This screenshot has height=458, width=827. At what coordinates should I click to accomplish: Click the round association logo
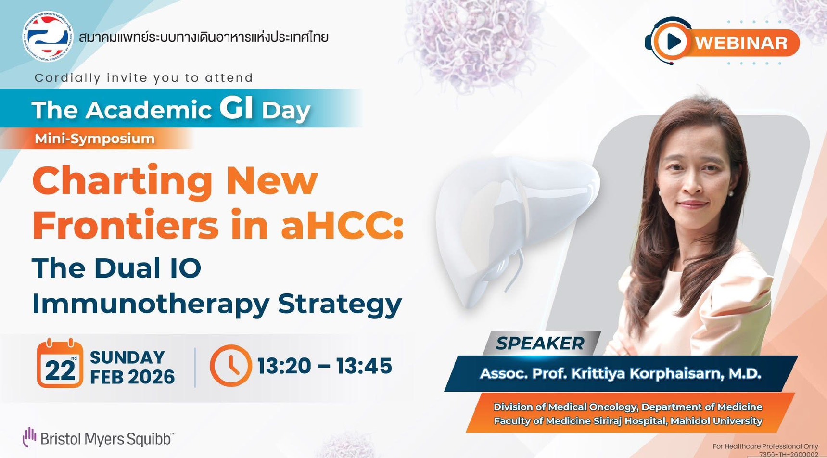pos(48,37)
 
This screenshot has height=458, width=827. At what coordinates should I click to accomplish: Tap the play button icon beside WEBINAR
pos(672,41)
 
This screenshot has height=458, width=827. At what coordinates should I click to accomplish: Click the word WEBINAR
pos(741,43)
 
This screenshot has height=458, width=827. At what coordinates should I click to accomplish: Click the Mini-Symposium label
pos(95,139)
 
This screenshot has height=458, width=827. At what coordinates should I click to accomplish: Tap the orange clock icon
pos(230,366)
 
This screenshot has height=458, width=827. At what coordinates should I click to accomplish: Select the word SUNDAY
pos(127,357)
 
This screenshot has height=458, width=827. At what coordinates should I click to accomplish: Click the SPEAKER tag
pos(540,343)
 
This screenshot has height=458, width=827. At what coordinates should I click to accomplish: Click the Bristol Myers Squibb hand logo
pos(29,436)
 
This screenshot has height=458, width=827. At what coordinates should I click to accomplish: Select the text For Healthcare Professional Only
pos(765,446)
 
